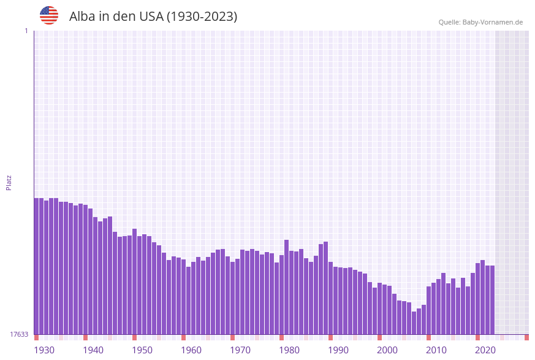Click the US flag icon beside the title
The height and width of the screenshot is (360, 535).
(49, 15)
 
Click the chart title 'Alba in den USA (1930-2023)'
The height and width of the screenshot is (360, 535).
(153, 17)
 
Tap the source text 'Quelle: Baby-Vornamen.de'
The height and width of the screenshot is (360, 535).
(480, 22)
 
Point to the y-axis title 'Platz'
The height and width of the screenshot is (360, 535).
(9, 182)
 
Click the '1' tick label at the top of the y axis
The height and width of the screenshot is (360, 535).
(26, 31)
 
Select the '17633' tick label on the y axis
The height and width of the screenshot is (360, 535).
(19, 334)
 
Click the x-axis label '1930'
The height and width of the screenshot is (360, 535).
(44, 350)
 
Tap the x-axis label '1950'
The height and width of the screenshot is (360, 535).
(142, 350)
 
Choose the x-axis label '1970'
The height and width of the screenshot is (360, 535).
(240, 350)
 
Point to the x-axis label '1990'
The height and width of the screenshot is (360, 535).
(338, 350)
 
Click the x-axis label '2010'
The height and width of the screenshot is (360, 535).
(436, 350)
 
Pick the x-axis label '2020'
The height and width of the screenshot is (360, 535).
(485, 350)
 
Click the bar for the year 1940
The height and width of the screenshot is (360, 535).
(86, 270)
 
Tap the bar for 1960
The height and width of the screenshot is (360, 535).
(184, 297)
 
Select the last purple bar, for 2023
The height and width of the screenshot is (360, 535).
(492, 300)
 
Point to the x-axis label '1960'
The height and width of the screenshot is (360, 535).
(191, 350)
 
